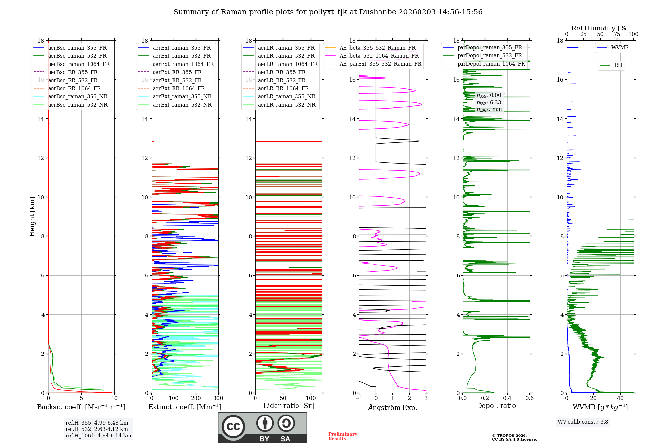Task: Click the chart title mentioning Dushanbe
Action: coord(328,12)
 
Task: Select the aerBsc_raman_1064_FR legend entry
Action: coord(79,64)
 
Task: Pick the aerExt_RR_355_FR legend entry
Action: coord(177,72)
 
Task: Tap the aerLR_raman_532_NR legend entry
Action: coord(286,105)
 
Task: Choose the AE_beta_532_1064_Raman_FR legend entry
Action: coord(379,56)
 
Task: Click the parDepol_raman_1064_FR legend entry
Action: coord(491,64)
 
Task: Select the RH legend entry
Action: coord(618,65)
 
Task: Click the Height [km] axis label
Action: coord(32,216)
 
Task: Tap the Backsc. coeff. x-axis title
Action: coord(81,407)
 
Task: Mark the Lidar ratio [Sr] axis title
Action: coord(289,406)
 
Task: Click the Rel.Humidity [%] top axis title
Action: coord(600,28)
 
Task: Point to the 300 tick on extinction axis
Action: coord(218,398)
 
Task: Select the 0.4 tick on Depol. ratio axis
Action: coord(507,398)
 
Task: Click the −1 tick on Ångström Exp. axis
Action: coord(359,398)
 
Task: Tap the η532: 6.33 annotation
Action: coord(489,103)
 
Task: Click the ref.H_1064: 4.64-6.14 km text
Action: coord(98,436)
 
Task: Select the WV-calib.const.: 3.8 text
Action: coord(583,422)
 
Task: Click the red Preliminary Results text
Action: coord(342,436)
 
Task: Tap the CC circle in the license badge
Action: coord(233,427)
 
